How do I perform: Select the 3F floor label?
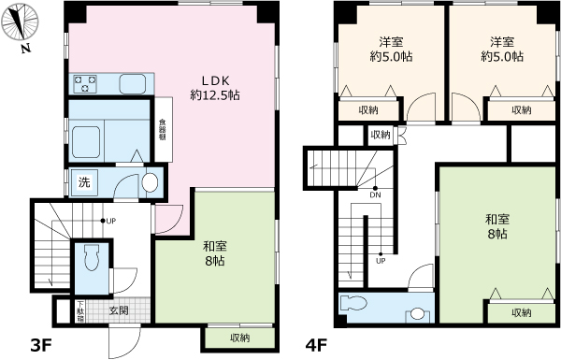pyautogui.click(x=38, y=346)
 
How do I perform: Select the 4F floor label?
pyautogui.click(x=315, y=346)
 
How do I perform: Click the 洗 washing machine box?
pyautogui.click(x=84, y=181)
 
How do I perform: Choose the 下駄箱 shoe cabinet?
pyautogui.click(x=80, y=310)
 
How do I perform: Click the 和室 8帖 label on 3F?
pyautogui.click(x=215, y=255)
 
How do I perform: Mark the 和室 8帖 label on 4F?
pyautogui.click(x=496, y=225)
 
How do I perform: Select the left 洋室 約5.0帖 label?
pyautogui.click(x=390, y=50)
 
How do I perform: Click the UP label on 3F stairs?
pyautogui.click(x=110, y=222)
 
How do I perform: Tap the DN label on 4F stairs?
pyautogui.click(x=375, y=194)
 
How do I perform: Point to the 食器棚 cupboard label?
pyautogui.click(x=162, y=128)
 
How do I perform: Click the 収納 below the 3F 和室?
pyautogui.click(x=239, y=337)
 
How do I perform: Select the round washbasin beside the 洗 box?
pyautogui.click(x=149, y=183)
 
